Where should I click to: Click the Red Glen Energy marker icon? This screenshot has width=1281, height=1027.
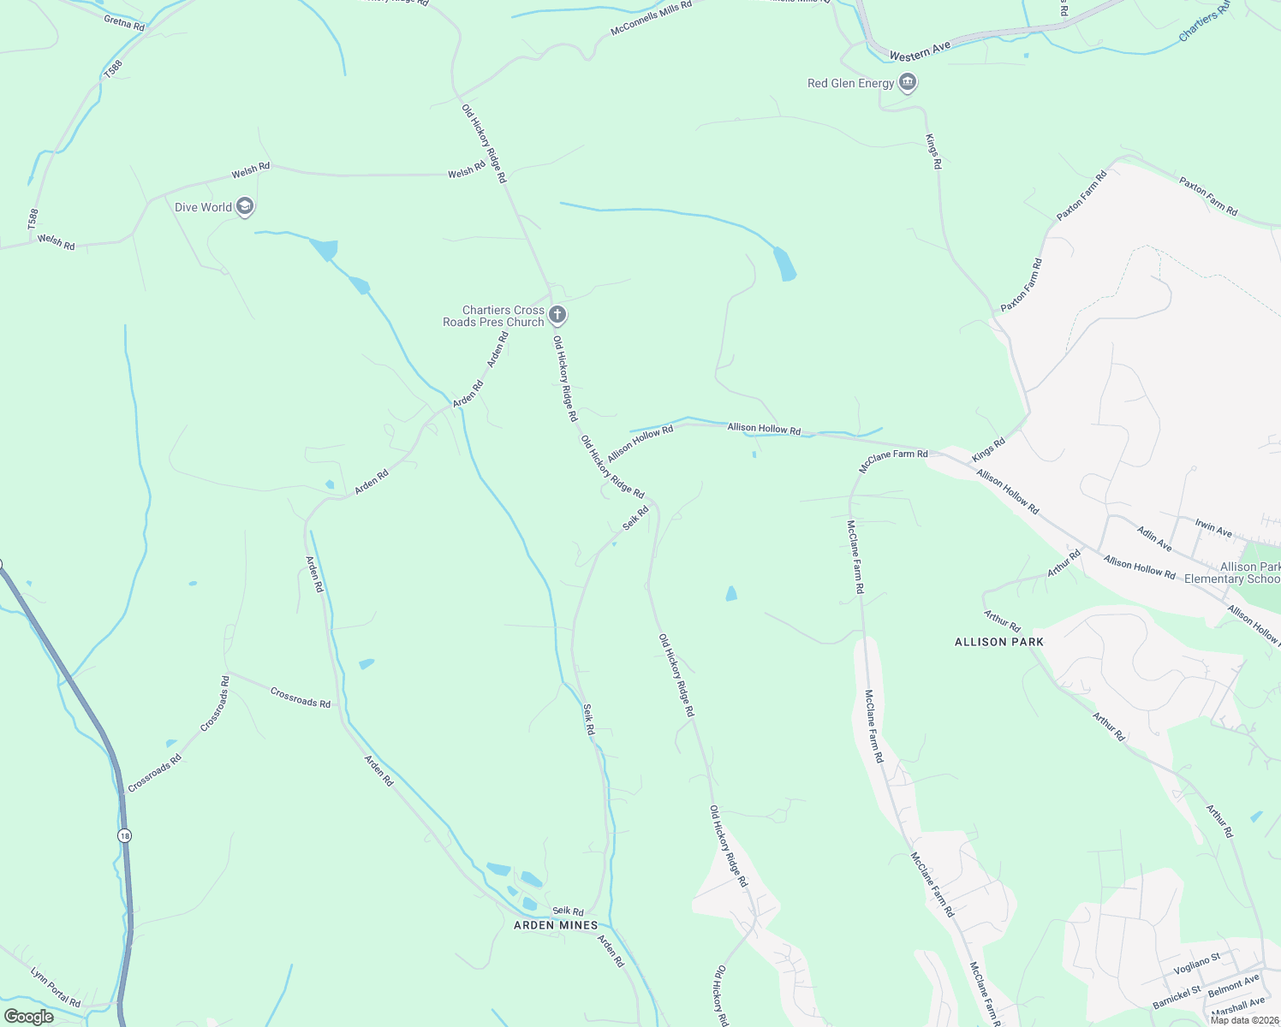[x=909, y=83]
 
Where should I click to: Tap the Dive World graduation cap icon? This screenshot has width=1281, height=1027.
[x=245, y=207]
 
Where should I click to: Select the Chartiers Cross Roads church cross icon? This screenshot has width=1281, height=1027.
[x=557, y=316]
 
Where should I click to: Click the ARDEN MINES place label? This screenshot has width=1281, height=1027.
[x=556, y=925]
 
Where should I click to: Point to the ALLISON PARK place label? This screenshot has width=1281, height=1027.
[x=999, y=642]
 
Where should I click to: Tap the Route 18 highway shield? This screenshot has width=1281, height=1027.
[x=126, y=835]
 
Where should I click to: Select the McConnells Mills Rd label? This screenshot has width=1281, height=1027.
[x=651, y=18]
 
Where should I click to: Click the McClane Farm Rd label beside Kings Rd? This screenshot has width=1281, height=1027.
[x=893, y=460]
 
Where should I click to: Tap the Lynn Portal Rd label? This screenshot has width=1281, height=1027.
[x=55, y=987]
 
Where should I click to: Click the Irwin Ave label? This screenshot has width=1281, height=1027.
[x=1213, y=528]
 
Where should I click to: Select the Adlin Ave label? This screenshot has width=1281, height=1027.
[x=1154, y=538]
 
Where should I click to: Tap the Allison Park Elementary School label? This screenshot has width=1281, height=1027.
[x=1232, y=573]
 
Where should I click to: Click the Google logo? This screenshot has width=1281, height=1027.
[x=28, y=1017]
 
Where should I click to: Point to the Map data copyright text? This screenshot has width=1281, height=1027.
[x=1244, y=1020]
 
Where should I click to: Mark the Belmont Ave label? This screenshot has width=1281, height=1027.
[x=1233, y=985]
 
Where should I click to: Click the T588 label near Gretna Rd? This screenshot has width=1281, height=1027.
[x=113, y=69]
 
